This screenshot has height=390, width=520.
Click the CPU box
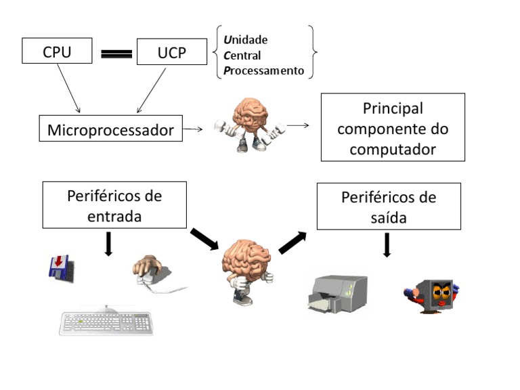click(57, 51)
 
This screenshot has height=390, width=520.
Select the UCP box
click(171, 52)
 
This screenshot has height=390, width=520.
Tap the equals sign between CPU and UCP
click(116, 54)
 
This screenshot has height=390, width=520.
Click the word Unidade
click(245, 40)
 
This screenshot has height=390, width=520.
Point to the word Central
click(242, 56)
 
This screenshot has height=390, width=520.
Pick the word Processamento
click(263, 71)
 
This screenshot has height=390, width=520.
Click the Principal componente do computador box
click(393, 128)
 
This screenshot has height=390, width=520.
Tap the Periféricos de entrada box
click(114, 205)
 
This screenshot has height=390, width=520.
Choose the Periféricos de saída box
click(389, 207)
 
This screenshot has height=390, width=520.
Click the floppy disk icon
click(60, 268)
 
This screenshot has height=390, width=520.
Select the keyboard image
click(106, 322)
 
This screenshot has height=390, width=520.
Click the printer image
click(337, 294)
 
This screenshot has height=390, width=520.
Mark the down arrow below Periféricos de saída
click(387, 245)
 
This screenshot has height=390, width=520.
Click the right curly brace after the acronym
click(312, 53)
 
